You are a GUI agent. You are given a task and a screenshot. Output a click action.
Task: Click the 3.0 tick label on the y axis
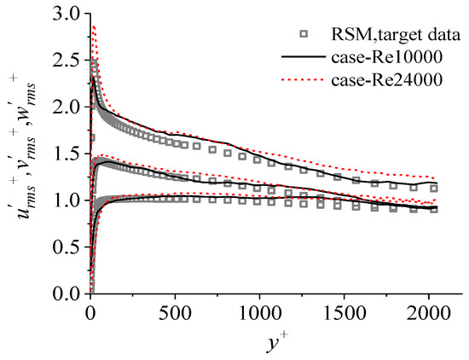pos(67,14)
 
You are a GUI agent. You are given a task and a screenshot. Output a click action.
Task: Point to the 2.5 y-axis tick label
pos(67,61)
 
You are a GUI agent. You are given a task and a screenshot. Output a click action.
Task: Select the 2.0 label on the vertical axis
pos(67,107)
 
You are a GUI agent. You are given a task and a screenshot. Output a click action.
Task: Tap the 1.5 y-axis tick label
pos(67,154)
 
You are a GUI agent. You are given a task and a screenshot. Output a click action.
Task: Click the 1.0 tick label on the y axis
pos(67,200)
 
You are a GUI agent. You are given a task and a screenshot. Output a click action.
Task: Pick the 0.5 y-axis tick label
pos(67,247)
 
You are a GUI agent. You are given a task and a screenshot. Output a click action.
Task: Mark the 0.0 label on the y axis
pos(67,293)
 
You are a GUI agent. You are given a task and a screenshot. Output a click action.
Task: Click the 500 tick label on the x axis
pos(175,313)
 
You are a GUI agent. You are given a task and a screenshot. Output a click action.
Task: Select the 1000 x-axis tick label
pos(259,313)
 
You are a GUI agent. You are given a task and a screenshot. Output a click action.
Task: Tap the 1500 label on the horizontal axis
pos(344,313)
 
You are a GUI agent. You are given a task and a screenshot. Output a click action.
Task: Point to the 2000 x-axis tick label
pos(428,313)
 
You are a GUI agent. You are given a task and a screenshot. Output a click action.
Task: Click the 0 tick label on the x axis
pos(90,313)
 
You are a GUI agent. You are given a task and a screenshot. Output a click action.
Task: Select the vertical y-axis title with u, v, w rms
pos(24,147)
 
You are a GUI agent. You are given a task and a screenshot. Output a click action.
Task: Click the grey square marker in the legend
pos(304,34)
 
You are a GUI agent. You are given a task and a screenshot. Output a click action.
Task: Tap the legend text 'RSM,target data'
pos(396,35)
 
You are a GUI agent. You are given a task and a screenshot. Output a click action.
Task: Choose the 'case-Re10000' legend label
pos(386,57)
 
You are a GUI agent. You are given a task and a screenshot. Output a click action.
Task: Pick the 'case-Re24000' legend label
pos(386,79)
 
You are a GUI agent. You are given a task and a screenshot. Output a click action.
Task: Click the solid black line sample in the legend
pos(304,56)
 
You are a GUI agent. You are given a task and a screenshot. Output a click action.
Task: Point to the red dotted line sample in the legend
pos(304,79)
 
